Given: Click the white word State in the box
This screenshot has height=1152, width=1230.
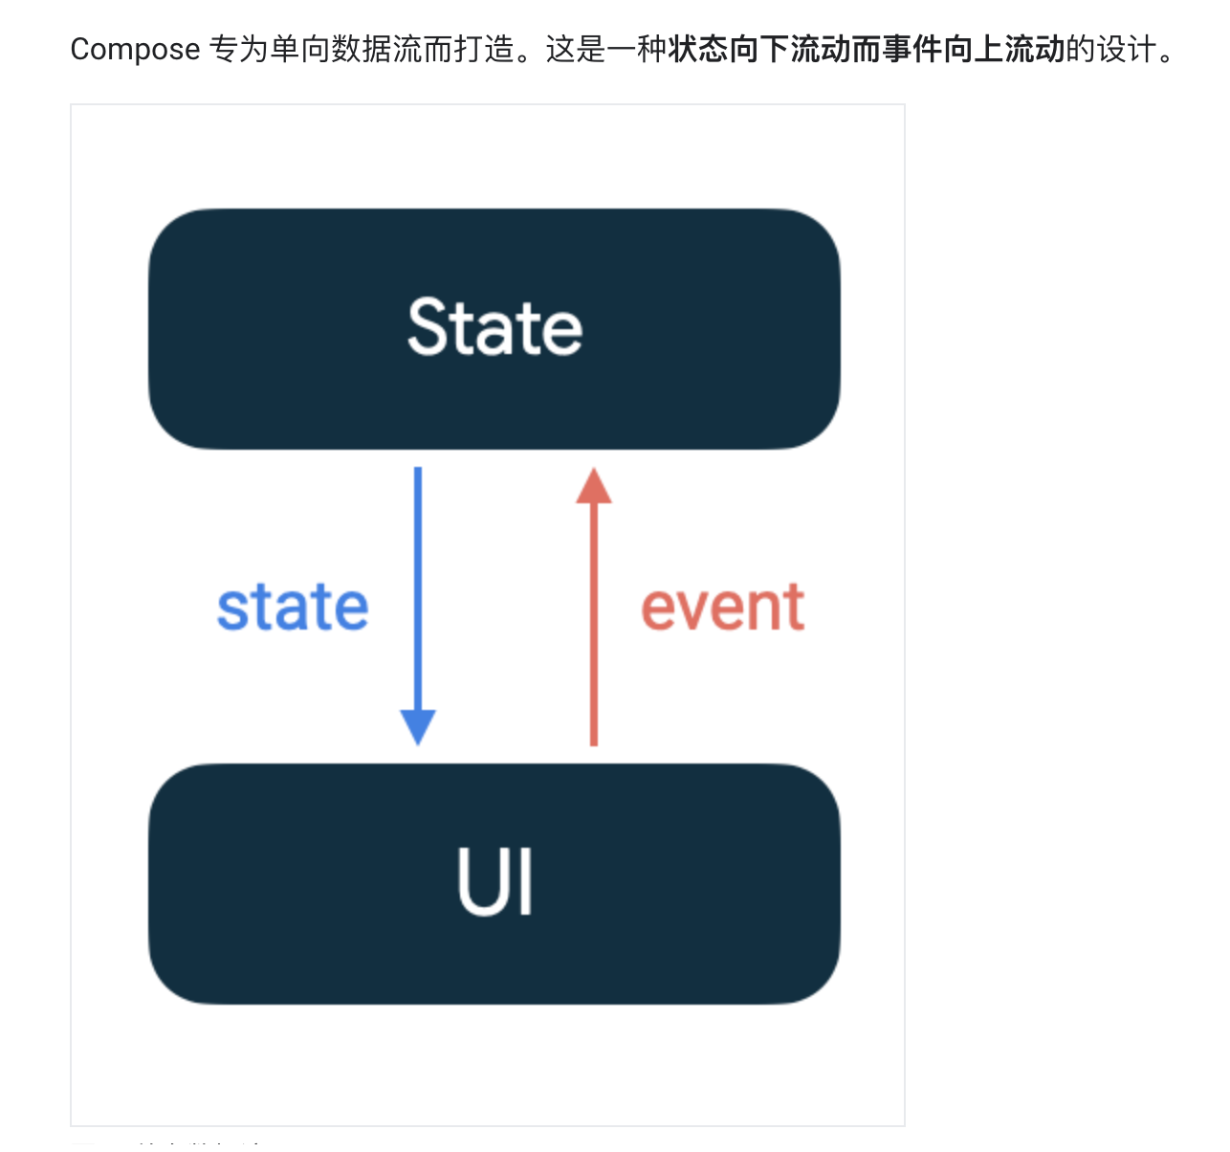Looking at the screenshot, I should click(494, 327).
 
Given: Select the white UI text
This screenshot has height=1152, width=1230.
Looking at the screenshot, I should click(494, 882).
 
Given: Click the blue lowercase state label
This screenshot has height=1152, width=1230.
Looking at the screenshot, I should click(293, 608).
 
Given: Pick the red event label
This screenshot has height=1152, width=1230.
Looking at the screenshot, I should click(722, 608).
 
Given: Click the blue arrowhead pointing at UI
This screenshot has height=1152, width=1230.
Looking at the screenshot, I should click(418, 727).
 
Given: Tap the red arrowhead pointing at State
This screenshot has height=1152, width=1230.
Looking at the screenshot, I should click(594, 486).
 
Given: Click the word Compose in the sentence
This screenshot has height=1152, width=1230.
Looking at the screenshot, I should click(135, 49).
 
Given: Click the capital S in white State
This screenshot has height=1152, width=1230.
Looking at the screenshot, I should click(428, 327).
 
